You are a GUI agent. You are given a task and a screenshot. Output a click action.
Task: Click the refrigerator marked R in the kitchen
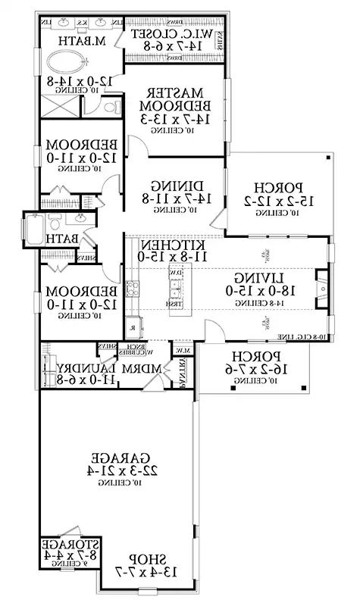[133, 328]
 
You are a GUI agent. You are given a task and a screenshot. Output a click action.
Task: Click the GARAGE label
[119, 458]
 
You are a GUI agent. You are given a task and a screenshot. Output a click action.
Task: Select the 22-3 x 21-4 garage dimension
[119, 470]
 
